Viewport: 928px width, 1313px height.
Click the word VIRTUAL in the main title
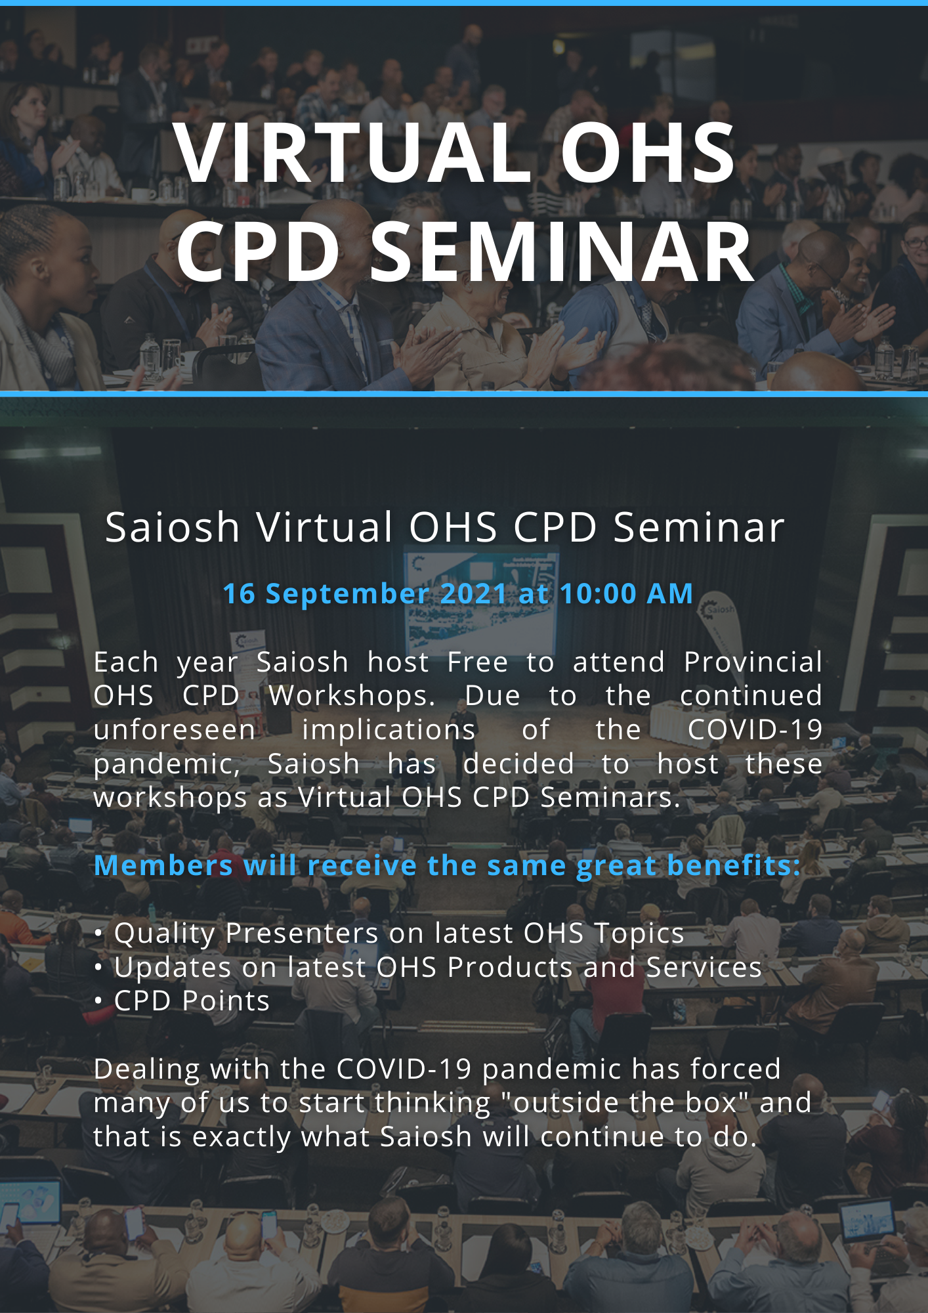point(353,152)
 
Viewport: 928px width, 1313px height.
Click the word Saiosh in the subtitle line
point(173,527)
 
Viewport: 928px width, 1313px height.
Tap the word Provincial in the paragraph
point(753,662)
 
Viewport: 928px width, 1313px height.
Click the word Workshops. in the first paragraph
point(352,695)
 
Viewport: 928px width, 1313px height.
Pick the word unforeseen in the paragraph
point(175,729)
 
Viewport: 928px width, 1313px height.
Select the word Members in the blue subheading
point(163,865)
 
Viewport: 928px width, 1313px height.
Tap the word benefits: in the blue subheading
point(734,865)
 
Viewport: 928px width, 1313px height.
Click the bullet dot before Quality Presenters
point(98,934)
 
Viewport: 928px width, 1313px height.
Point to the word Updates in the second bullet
point(173,968)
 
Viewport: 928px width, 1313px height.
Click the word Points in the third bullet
point(226,1001)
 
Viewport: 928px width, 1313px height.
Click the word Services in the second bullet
point(704,967)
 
